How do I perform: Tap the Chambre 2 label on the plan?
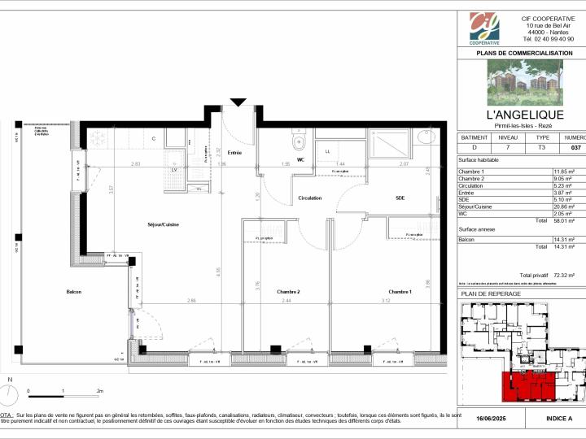[x=288, y=292]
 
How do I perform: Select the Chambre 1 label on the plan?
[x=400, y=292]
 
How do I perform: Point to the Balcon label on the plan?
[x=74, y=292]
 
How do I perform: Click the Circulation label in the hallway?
[x=309, y=198]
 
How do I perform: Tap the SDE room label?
[x=400, y=198]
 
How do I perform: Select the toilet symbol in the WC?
[x=298, y=144]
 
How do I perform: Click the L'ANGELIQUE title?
[x=524, y=115]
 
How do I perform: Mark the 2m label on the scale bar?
[x=99, y=391]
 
